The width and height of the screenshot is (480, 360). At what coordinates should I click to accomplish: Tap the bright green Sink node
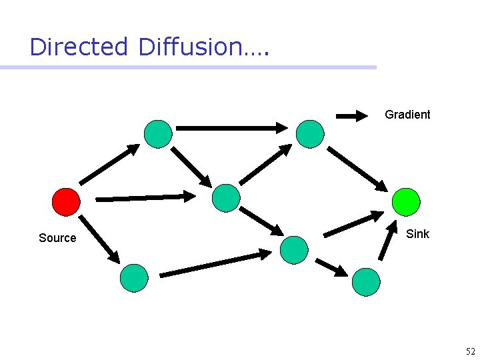click(x=406, y=201)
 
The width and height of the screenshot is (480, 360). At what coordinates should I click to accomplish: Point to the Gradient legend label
click(x=407, y=115)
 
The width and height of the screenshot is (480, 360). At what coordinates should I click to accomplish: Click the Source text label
click(x=57, y=238)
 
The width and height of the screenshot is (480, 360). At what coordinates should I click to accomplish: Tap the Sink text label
click(x=417, y=234)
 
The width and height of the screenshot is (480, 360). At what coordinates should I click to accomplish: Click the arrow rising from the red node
click(x=110, y=164)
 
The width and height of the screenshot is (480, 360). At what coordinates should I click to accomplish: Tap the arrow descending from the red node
click(x=99, y=238)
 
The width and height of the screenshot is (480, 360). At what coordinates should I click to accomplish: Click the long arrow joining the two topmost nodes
click(x=231, y=127)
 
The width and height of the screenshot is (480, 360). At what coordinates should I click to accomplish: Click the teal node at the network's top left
click(x=158, y=133)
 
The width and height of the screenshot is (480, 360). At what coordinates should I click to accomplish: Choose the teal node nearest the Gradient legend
click(x=310, y=133)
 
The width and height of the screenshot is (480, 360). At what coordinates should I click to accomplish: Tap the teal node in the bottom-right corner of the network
click(x=366, y=282)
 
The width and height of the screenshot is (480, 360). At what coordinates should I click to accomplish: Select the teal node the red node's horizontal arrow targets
click(x=225, y=197)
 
